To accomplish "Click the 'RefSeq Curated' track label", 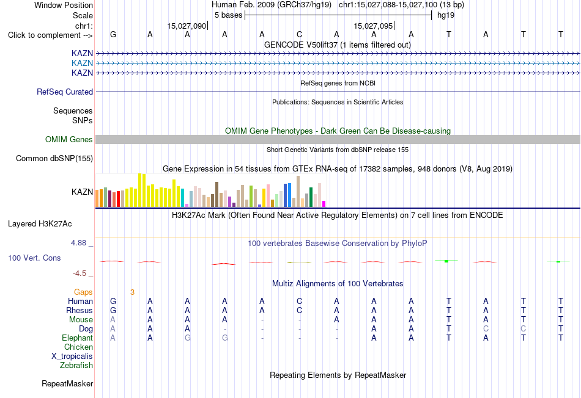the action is tap(65, 92).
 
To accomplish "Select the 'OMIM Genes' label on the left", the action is tap(69, 139).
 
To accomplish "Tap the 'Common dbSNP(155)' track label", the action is tap(54, 158).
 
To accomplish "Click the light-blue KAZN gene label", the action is tap(83, 63).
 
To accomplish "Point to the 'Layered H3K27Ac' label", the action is tap(40, 224).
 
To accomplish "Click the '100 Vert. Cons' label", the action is tap(34, 258).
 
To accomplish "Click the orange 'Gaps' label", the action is tap(83, 292).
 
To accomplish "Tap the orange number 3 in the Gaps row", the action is tap(132, 292).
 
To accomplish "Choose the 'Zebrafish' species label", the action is tap(76, 366).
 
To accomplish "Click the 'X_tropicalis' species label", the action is tap(72, 356).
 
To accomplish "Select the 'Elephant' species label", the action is tap(78, 338).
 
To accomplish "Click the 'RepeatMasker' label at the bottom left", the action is tap(67, 383).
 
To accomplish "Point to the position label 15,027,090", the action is tap(187, 26).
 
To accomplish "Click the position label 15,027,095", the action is tap(373, 26).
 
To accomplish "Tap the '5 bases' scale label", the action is tap(228, 15).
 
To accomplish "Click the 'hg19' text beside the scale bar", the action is tap(446, 15).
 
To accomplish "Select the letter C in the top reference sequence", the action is tap(300, 34).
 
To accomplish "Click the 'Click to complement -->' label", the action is tap(50, 35).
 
